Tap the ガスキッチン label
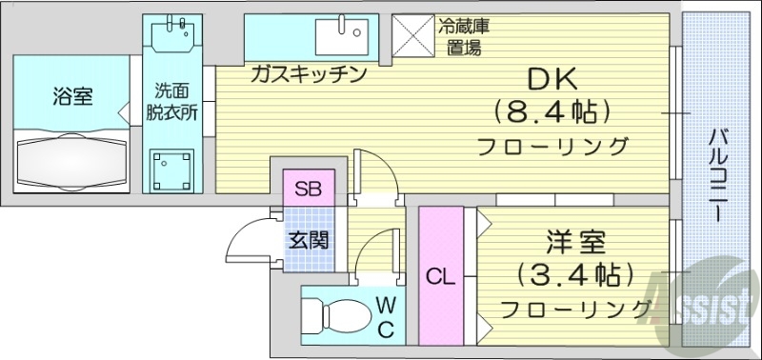pos(309,74)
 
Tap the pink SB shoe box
pos(307,188)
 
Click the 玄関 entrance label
pos(309,238)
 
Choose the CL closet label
pos(439,277)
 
